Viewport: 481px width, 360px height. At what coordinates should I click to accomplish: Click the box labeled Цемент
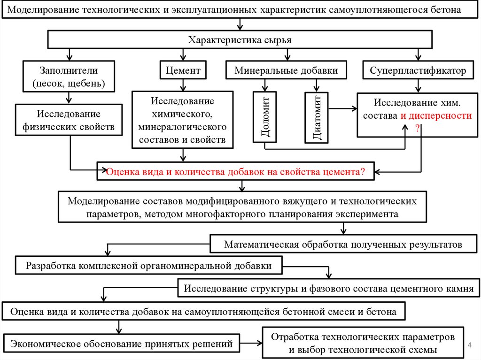183,71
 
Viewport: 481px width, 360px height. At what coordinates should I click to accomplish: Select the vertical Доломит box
265,116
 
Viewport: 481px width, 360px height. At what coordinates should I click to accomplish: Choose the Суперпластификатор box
418,71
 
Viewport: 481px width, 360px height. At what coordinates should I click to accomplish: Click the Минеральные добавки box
287,71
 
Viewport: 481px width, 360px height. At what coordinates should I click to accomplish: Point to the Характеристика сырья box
240,40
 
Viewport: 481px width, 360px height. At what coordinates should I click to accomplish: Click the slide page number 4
470,346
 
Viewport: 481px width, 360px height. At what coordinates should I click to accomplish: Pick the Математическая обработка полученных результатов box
343,245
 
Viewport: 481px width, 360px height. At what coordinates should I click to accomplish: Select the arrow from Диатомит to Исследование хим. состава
342,108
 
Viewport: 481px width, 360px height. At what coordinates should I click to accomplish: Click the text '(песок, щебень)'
69,84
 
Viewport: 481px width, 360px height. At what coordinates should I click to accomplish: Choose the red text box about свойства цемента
235,171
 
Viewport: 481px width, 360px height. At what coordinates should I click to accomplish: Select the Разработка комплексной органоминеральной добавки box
149,265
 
